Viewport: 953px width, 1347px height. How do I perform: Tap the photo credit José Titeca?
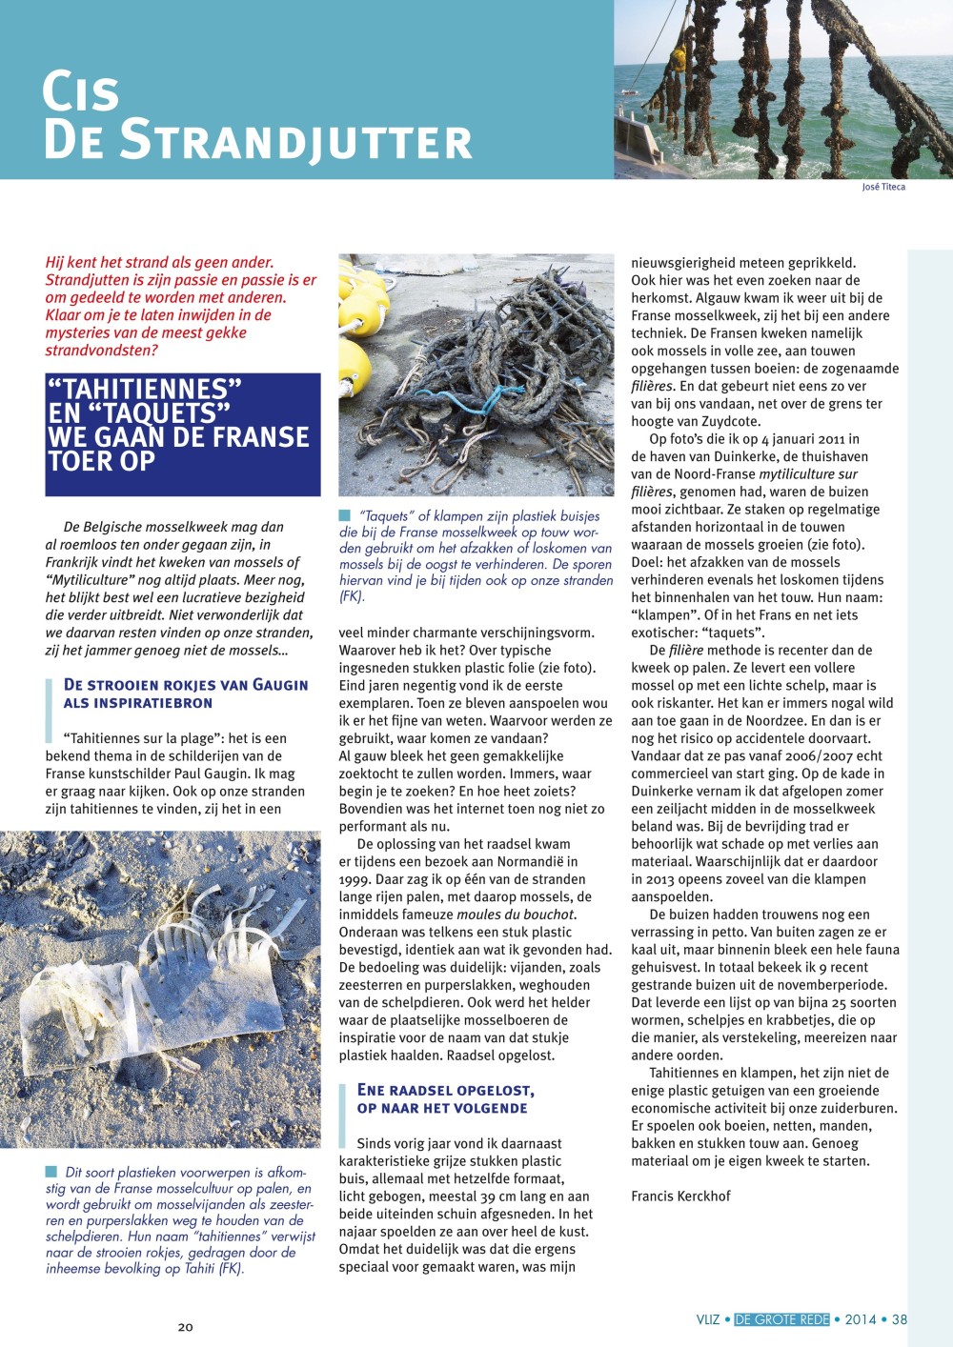click(x=883, y=187)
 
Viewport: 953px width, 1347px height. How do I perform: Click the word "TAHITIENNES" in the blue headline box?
click(x=144, y=390)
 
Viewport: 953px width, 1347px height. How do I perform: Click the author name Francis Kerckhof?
click(x=680, y=1196)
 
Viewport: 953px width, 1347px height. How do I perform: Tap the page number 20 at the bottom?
click(x=186, y=1326)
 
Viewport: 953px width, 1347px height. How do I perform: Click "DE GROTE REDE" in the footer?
click(x=781, y=1319)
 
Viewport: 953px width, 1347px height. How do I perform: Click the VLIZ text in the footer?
click(x=708, y=1319)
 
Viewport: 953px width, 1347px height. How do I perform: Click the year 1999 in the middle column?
click(x=356, y=879)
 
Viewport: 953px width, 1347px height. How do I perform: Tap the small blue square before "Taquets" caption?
click(x=345, y=515)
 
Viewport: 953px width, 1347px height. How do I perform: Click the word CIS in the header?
click(x=81, y=92)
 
